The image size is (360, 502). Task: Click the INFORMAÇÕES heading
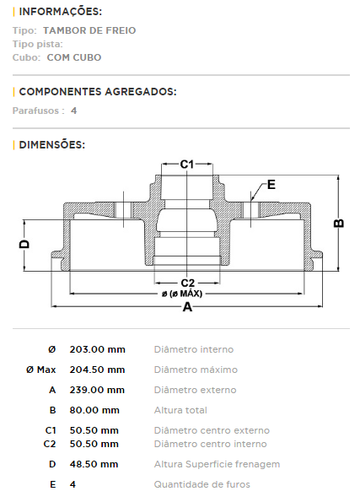[60, 12]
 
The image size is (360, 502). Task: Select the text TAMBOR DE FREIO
[89, 30]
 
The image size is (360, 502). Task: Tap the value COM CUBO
[74, 57]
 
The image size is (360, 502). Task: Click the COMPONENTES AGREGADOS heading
[98, 92]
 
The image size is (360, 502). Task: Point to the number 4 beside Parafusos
[74, 111]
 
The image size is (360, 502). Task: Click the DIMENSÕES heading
[51, 145]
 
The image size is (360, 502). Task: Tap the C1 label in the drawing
[187, 165]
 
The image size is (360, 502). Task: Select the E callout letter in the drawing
[271, 185]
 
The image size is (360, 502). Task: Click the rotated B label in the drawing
[339, 223]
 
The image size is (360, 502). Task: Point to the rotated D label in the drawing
[24, 245]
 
